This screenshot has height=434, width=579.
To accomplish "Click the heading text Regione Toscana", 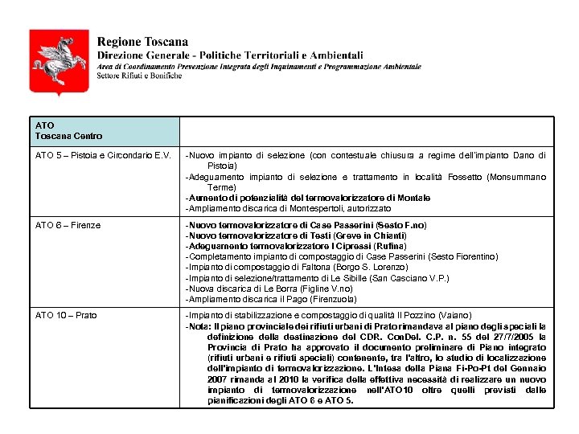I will tap(142, 42).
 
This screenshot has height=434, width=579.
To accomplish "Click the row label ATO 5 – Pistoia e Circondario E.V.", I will tap(103, 155).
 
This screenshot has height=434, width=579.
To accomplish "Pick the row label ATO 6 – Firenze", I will tap(68, 226).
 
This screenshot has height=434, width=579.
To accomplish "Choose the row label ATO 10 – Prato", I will tap(66, 315).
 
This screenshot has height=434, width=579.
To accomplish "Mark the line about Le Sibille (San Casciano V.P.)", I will tap(317, 278).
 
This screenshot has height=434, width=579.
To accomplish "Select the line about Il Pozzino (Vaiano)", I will tap(328, 315).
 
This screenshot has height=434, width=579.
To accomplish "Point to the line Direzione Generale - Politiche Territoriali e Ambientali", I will tap(230, 55).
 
